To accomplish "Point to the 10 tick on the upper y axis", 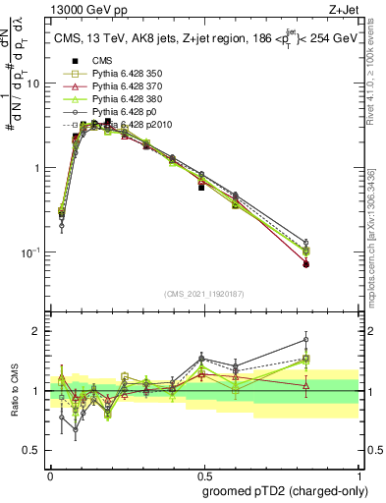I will [x=33, y=84].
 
